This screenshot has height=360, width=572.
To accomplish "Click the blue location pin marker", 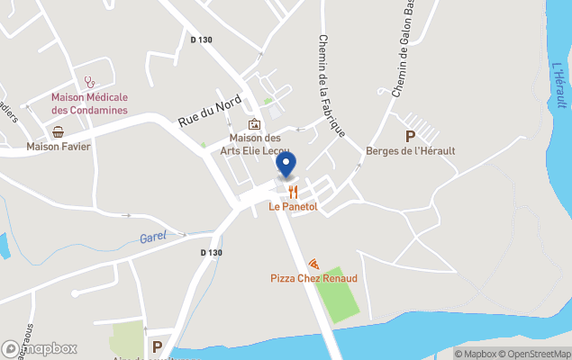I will [x=286, y=166].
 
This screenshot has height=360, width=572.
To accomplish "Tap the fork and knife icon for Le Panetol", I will [x=293, y=192].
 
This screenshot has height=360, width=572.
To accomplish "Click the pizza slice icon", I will [x=313, y=264].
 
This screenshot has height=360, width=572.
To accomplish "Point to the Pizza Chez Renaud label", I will [x=313, y=278].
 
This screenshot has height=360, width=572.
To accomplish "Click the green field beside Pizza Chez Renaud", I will [x=337, y=293].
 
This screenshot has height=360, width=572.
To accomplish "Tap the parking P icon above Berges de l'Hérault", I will [x=411, y=136].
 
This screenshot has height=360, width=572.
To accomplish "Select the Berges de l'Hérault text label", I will [x=411, y=150].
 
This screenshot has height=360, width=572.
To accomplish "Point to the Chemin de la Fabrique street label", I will [x=331, y=85].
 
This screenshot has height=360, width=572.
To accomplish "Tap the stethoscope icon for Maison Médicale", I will [x=89, y=83].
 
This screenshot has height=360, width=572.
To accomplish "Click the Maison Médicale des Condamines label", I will [x=89, y=103].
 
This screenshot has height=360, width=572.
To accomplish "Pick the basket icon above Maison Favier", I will [x=59, y=131].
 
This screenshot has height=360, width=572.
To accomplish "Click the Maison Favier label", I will [x=59, y=146].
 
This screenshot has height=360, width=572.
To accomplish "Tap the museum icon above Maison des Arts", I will [x=255, y=124].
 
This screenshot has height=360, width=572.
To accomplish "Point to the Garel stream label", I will [x=153, y=238].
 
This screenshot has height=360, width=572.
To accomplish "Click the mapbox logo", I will [x=41, y=348].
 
